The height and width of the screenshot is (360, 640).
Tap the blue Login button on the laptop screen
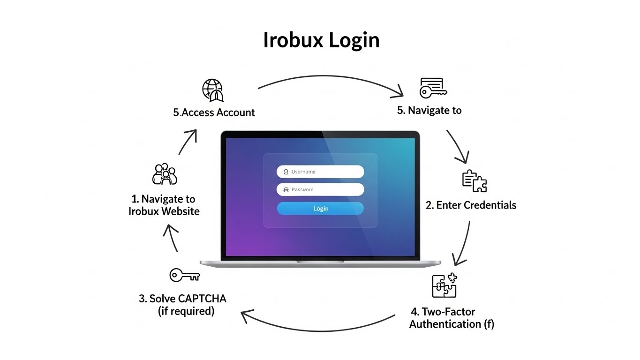320,209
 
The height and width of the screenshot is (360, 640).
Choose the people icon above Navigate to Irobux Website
165,174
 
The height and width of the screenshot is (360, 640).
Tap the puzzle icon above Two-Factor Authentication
444,285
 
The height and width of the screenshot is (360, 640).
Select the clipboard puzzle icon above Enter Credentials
474,181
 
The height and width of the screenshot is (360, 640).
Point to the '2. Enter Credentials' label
471,205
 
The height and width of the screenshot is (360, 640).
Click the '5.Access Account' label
214,112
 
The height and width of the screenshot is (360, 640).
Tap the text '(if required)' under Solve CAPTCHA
186,311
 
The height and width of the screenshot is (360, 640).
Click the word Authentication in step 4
445,324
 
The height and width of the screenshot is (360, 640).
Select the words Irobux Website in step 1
164,211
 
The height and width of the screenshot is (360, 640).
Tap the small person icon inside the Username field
286,172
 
